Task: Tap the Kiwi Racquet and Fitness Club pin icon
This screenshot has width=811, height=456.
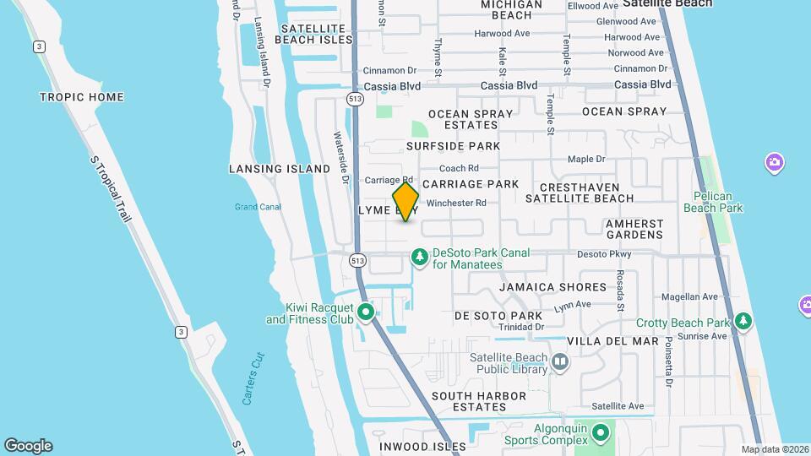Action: coord(366,313)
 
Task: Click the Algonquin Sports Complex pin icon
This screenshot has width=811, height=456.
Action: coord(601,434)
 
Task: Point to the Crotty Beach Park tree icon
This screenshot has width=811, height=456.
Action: coord(743,321)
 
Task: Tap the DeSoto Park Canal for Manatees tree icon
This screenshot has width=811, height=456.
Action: coord(419,255)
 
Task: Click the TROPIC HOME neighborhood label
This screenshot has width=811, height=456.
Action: coord(81,97)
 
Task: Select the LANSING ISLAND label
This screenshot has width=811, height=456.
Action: coord(280,169)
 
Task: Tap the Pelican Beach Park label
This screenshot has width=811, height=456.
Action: coord(712,202)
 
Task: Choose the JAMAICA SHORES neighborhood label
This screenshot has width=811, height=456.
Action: coord(552,287)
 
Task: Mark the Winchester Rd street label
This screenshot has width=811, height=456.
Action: coord(456,203)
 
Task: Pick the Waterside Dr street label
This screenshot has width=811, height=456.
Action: coord(340,158)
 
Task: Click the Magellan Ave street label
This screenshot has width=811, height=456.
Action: coord(689,296)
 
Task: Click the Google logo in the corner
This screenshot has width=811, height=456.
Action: coord(28,446)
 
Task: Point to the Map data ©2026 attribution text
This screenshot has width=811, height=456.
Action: coord(774,449)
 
